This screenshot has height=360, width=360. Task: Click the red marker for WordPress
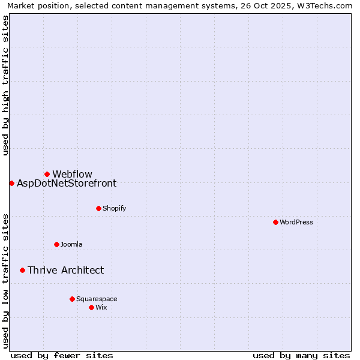275,222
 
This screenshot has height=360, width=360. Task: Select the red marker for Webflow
47,174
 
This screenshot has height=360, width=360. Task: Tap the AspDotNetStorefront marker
11,183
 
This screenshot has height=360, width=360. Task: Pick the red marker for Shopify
98,208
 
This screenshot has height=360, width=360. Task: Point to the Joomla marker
56,244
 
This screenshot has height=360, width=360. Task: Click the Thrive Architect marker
22,270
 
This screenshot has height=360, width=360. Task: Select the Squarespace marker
72,299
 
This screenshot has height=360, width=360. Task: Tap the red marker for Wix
91,307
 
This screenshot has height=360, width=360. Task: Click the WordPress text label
296,222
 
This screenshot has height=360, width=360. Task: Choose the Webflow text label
72,174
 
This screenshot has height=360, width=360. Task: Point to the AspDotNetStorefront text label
67,183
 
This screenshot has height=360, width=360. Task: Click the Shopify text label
114,208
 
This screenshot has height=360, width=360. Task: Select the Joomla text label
71,244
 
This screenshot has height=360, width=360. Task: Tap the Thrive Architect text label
65,270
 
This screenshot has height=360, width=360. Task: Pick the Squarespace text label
97,299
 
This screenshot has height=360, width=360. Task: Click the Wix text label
101,307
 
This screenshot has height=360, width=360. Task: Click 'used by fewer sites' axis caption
62,355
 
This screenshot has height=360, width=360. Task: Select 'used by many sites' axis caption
301,355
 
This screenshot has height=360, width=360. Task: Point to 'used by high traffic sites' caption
5,85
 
